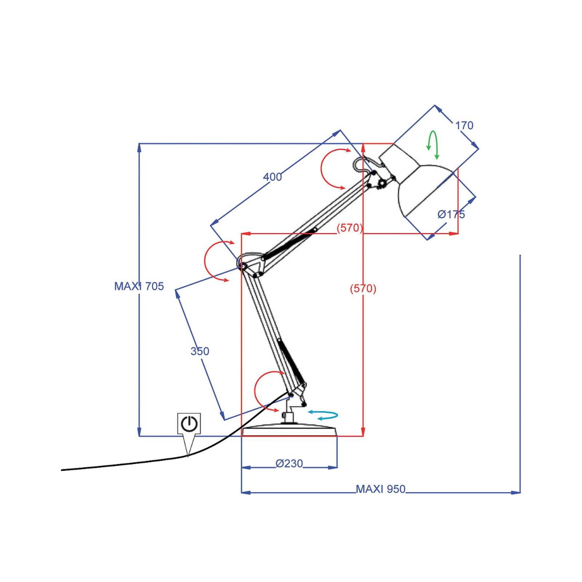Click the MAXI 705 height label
click(x=139, y=286)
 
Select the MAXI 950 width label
click(x=380, y=489)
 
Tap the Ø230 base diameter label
click(x=289, y=463)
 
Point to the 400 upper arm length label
click(x=272, y=177)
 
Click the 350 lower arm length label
click(x=200, y=351)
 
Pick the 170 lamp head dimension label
click(x=464, y=125)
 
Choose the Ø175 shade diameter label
click(x=451, y=214)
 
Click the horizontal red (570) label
click(x=350, y=228)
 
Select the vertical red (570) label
click(x=363, y=288)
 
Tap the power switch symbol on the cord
click(x=189, y=424)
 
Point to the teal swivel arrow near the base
click(x=323, y=415)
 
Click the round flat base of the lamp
click(x=290, y=431)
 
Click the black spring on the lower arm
click(x=291, y=362)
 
